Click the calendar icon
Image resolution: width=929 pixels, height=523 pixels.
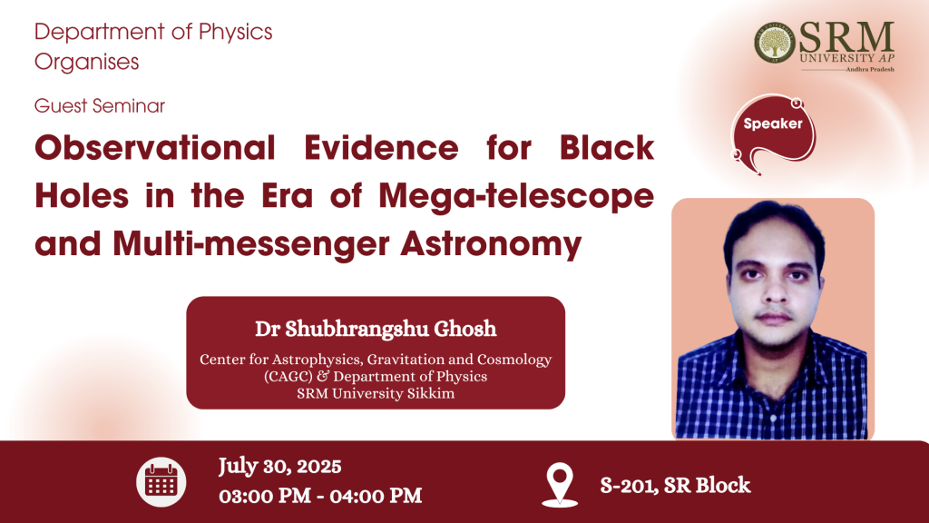click(161, 482)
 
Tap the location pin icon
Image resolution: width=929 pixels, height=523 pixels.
click(560, 485)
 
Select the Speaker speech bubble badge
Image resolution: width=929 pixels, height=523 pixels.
click(774, 133)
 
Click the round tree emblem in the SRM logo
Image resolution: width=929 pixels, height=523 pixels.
click(775, 44)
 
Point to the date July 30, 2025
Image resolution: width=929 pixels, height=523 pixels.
click(279, 467)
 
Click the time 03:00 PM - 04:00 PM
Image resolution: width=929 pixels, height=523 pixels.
click(320, 496)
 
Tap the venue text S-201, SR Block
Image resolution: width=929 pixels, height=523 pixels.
click(675, 485)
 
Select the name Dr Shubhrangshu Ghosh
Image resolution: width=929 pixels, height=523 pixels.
click(376, 329)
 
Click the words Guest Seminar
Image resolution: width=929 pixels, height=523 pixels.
click(100, 105)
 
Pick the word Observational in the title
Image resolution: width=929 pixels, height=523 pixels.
click(155, 148)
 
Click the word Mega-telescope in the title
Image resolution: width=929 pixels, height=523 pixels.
click(516, 196)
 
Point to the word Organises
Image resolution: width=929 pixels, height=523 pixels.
click(86, 63)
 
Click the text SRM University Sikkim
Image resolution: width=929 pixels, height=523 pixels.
click(376, 394)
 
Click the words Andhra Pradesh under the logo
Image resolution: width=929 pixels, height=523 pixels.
click(870, 69)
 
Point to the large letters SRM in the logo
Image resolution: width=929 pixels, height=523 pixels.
click(846, 37)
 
